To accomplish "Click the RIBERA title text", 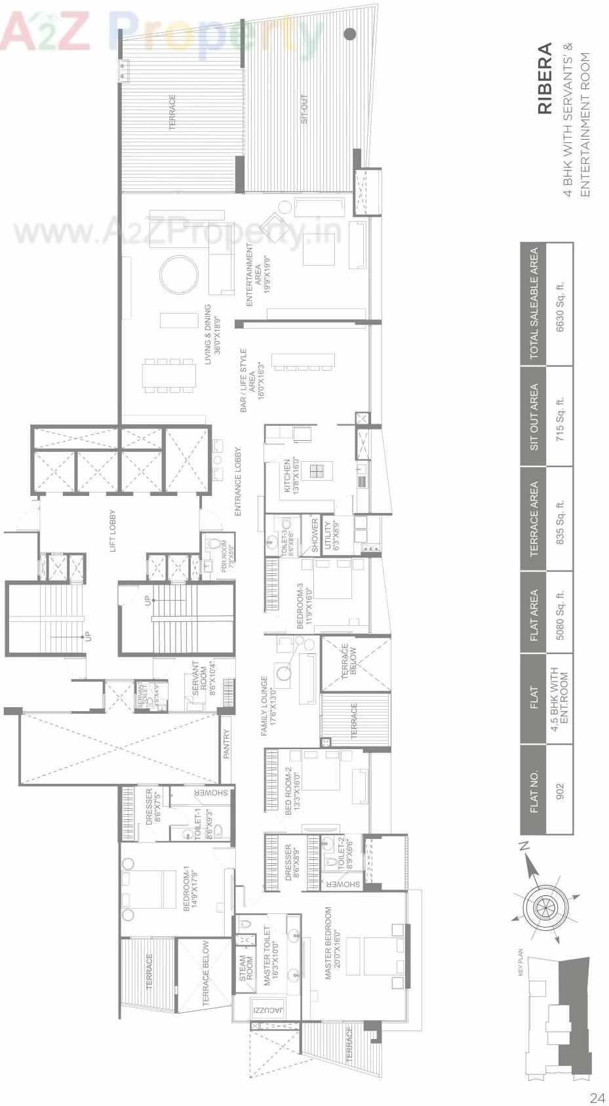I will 545,79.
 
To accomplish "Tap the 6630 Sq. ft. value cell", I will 559,305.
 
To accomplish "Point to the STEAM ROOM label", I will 246,967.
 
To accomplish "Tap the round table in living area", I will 179,275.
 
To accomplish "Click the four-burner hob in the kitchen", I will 317,470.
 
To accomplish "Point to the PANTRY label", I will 226,745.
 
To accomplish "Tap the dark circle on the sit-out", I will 350,33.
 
